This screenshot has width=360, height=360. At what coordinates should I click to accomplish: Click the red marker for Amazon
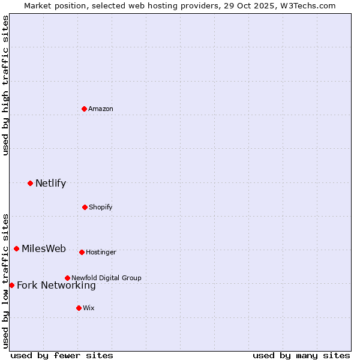coord(85,109)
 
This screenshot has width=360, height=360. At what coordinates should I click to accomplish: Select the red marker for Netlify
coord(30,183)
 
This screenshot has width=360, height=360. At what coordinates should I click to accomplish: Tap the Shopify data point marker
coord(85,207)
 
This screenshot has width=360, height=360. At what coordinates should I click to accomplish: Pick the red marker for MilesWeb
coord(16,248)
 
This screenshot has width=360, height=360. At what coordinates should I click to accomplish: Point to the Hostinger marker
coord(82,252)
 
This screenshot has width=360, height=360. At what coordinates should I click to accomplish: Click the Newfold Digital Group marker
coord(67,278)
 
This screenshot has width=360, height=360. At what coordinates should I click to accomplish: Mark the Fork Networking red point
coord(11,285)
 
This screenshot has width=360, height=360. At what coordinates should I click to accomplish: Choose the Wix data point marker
coord(79,308)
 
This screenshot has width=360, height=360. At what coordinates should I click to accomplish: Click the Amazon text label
coord(101,109)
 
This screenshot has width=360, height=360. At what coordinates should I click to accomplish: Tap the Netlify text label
coord(50,183)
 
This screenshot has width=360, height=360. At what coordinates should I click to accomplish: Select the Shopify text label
coord(101,207)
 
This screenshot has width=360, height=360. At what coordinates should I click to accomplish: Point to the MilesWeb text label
coord(44,249)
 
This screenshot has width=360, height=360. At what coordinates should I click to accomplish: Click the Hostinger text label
coord(101,252)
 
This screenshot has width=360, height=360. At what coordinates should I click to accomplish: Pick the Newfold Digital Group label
coord(106,278)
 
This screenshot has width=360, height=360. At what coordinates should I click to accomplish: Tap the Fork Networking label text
coord(56,285)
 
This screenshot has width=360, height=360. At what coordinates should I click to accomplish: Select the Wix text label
coord(89,308)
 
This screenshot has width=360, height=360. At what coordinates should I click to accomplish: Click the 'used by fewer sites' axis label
coord(62,355)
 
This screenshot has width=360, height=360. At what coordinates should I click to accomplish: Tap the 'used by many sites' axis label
coord(301,355)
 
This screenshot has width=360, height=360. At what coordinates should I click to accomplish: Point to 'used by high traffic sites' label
coord(5,85)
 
